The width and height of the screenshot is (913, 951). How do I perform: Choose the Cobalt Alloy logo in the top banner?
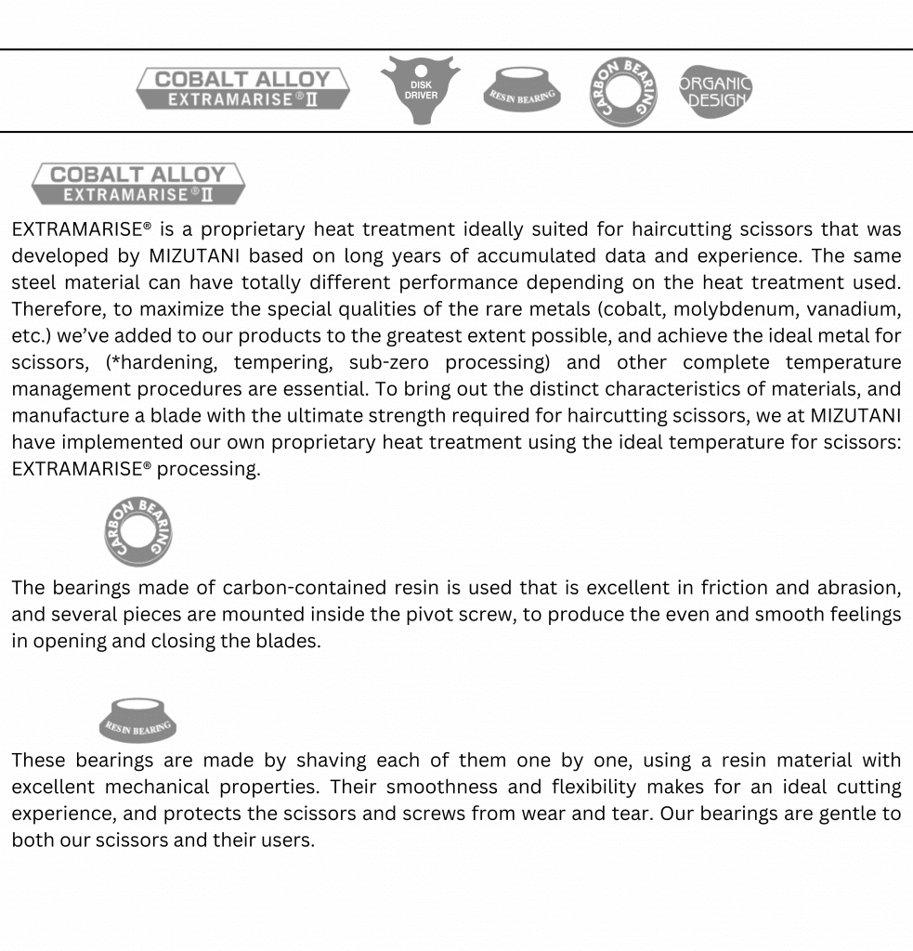(242, 89)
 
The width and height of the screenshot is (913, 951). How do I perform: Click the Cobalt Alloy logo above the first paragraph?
(137, 184)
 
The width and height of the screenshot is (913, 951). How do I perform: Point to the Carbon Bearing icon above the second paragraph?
(137, 531)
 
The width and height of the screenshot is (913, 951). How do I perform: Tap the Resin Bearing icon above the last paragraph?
(137, 721)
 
